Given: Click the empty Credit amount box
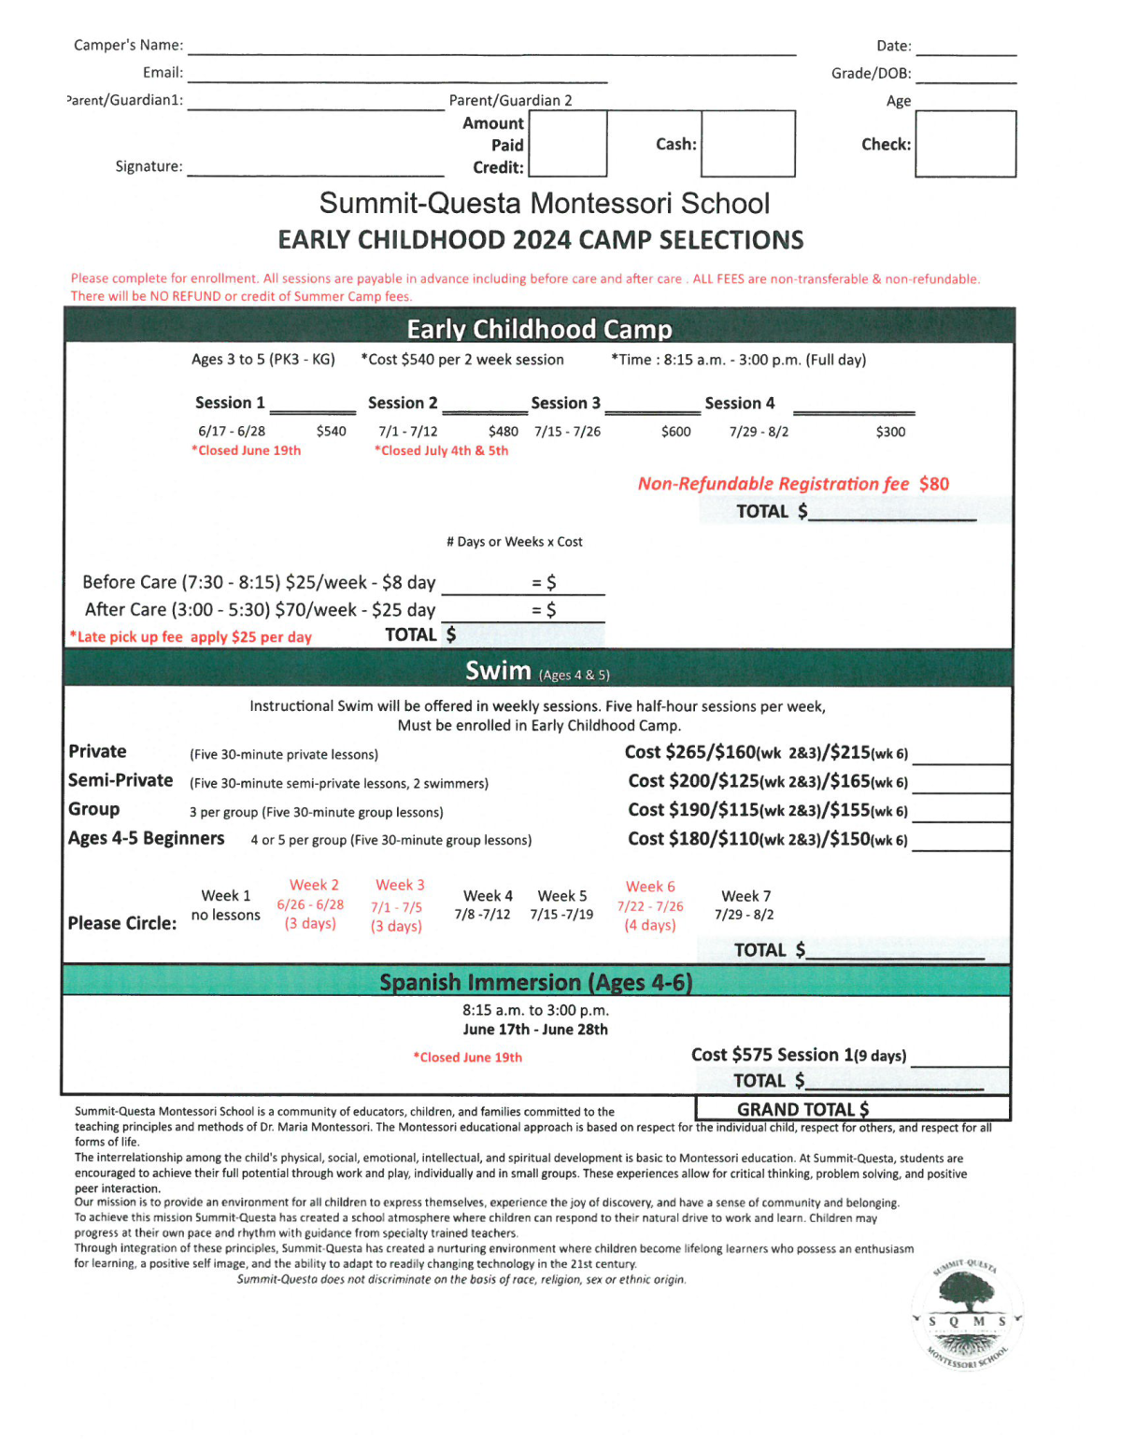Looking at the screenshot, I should tap(567, 144).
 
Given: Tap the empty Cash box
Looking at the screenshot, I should tap(747, 144).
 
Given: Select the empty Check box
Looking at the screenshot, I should tap(965, 144).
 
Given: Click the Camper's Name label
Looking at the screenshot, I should tap(128, 45).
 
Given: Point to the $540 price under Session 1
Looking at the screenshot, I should tap(331, 432).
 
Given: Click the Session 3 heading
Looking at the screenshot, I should tap(565, 403).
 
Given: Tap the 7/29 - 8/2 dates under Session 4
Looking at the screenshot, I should tap(759, 432).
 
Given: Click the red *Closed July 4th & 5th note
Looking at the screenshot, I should tap(441, 450).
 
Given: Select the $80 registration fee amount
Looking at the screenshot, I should tap(933, 484).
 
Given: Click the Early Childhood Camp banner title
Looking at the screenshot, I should tap(539, 329).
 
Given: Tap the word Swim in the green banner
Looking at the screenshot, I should tap(498, 671).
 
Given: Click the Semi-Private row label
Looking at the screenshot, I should tap(121, 780).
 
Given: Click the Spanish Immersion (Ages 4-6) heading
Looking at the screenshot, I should tap(535, 982).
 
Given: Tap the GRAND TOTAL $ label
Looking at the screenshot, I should tap(802, 1109).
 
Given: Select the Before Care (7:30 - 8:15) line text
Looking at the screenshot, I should tap(259, 582).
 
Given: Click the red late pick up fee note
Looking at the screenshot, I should tap(191, 636).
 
